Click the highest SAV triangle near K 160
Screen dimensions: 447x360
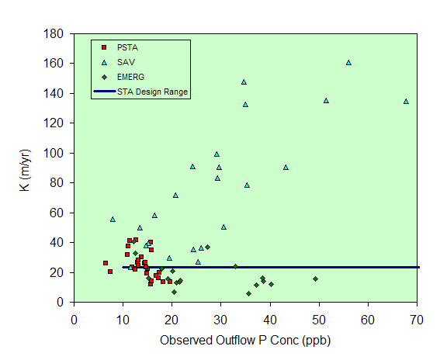(348, 63)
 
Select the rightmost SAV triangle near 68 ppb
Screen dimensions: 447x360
(406, 102)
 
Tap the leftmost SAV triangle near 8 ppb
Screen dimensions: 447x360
(113, 220)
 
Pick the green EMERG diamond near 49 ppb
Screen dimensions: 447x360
(315, 279)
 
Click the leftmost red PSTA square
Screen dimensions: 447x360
(106, 263)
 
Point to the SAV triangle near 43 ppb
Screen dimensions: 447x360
(286, 168)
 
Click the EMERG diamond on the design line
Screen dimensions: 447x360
(235, 266)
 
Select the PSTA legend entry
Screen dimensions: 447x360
(120, 47)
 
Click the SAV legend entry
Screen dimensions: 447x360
(118, 62)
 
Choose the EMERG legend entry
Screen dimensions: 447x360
(123, 77)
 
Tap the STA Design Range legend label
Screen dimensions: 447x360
(153, 92)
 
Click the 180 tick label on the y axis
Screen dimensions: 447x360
(53, 34)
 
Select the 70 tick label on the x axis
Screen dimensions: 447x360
(417, 320)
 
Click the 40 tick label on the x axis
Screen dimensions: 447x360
(270, 320)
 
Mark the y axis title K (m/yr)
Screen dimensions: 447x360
(25, 170)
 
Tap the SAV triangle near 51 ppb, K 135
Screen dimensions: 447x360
(326, 101)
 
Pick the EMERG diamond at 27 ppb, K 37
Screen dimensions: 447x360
(207, 247)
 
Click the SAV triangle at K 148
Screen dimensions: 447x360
(244, 82)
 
